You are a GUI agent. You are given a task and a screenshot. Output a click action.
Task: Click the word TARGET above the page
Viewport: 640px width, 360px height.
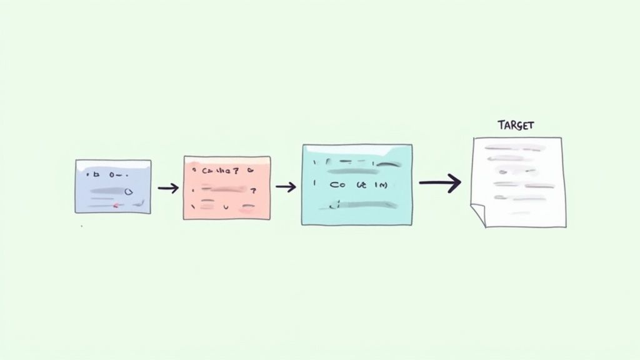click(516, 125)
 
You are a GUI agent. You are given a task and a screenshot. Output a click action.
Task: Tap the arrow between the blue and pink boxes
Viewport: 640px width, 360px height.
click(167, 187)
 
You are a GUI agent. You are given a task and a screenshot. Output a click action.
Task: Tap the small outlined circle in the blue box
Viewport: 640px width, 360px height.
click(129, 192)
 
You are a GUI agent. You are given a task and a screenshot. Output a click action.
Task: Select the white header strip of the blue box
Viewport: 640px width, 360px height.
click(113, 164)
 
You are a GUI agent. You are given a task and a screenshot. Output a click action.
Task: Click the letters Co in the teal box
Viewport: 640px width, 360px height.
click(337, 186)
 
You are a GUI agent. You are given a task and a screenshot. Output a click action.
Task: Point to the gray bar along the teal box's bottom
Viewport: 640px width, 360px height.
click(359, 204)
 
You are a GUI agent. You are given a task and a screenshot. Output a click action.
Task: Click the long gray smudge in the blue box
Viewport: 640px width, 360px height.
click(109, 192)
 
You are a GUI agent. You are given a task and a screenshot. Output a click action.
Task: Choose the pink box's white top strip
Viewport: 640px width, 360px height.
click(227, 160)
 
